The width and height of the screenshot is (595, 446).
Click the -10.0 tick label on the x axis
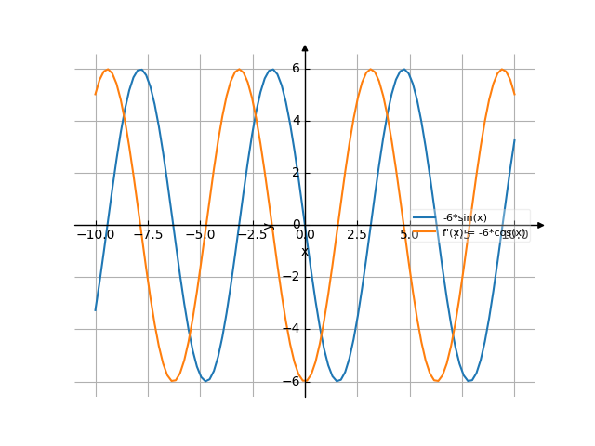pos(96,235)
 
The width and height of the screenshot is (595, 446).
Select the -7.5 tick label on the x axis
pos(148,235)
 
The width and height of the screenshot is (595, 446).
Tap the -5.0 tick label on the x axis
pos(200,235)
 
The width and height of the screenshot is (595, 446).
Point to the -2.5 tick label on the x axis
pos(253,235)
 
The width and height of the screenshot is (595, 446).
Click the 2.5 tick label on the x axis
pos(357,235)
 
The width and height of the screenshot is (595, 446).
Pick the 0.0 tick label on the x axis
pos(305,235)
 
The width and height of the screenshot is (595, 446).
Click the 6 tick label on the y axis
pos(296,69)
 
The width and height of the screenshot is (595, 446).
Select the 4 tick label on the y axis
pos(296,121)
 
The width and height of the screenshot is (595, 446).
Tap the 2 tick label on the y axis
pos(296,173)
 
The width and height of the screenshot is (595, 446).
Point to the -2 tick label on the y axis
pos(293,277)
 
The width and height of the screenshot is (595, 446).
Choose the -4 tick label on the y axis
pos(293,329)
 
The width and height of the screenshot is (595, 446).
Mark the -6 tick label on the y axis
pos(293,381)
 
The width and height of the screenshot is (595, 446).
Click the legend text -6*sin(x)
pos(465,218)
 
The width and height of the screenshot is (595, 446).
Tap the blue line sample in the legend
pos(425,218)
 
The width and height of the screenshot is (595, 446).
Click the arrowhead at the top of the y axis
pos(305,47)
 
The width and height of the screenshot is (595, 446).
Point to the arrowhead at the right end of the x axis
pos(540,225)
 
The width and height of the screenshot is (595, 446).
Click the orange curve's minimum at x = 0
pos(305,381)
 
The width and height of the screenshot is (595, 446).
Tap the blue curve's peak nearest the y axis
pos(272,70)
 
